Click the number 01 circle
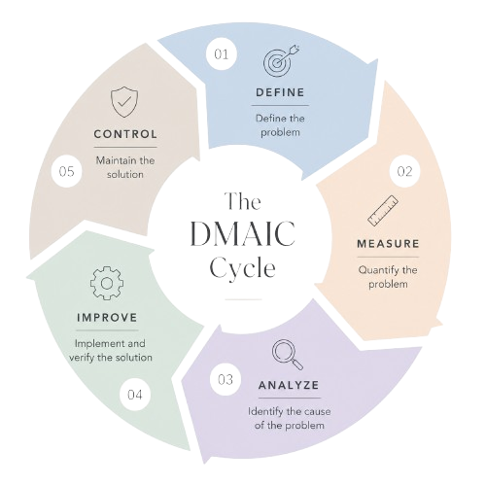coord(222,54)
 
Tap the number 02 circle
coord(404,171)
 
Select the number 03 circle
coord(226,379)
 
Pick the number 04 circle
coord(135,395)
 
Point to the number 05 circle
coord(67,171)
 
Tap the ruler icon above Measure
coord(383,211)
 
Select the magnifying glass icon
coord(288,355)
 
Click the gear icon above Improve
coord(107,284)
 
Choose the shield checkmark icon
coord(124,101)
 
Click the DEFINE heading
coord(280,92)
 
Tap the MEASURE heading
coord(388,244)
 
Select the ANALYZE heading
coord(289,385)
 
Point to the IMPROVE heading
coord(107,318)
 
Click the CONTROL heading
coord(125,134)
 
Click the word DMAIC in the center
coord(242,234)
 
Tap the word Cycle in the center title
coord(243,267)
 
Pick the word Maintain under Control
coord(113,160)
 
